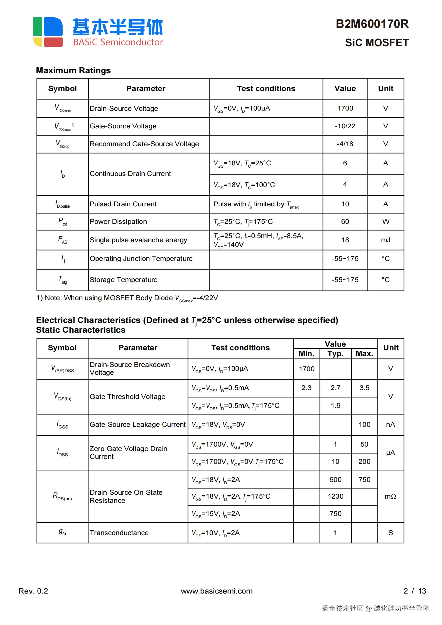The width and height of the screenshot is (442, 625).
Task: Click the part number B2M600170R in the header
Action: coord(372,24)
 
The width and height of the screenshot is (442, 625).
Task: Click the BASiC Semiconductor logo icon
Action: coord(48,32)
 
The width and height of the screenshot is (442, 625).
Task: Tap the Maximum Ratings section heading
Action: coord(73,70)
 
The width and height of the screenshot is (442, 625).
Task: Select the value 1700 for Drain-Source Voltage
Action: coord(345,108)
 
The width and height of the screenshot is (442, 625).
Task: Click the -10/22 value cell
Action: coord(345,126)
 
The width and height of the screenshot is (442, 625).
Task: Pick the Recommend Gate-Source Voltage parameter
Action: coord(144,144)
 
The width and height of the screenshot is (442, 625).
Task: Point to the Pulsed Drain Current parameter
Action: coord(123,204)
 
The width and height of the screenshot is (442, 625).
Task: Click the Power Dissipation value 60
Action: coord(345,222)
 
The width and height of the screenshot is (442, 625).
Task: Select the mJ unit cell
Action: coord(385,240)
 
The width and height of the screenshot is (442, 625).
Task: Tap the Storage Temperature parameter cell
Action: coord(124,280)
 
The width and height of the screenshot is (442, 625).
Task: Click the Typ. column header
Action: coord(335,354)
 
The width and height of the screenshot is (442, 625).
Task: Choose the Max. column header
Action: coord(364,354)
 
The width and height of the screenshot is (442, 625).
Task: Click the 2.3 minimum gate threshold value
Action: coord(306,388)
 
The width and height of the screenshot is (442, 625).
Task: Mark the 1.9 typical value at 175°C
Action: coord(335,406)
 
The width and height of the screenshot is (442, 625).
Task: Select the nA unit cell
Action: coord(391,425)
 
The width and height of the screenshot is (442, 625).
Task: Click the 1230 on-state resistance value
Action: coord(335,496)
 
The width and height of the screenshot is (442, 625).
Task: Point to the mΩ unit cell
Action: coord(391,496)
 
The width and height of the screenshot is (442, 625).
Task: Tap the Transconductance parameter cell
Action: coord(119,533)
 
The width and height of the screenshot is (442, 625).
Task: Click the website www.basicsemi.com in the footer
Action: coord(217,591)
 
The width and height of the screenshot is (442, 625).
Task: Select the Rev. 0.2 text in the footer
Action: coord(33,591)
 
